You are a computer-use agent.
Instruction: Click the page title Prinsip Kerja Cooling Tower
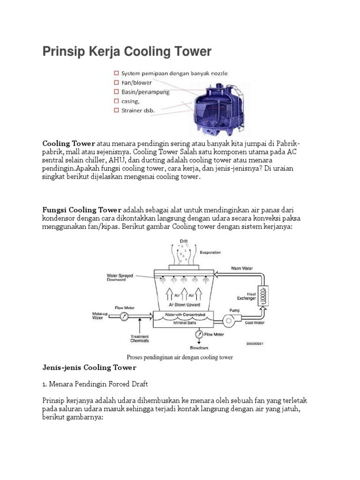(x=127, y=51)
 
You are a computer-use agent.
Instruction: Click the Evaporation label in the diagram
(x=210, y=252)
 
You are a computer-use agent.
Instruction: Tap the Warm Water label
(x=242, y=269)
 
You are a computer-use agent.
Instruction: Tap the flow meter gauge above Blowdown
(x=199, y=334)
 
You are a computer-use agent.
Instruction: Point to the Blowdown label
(x=199, y=348)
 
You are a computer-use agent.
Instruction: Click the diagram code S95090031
(x=255, y=344)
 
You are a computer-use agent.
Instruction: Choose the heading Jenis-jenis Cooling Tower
(x=89, y=367)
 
